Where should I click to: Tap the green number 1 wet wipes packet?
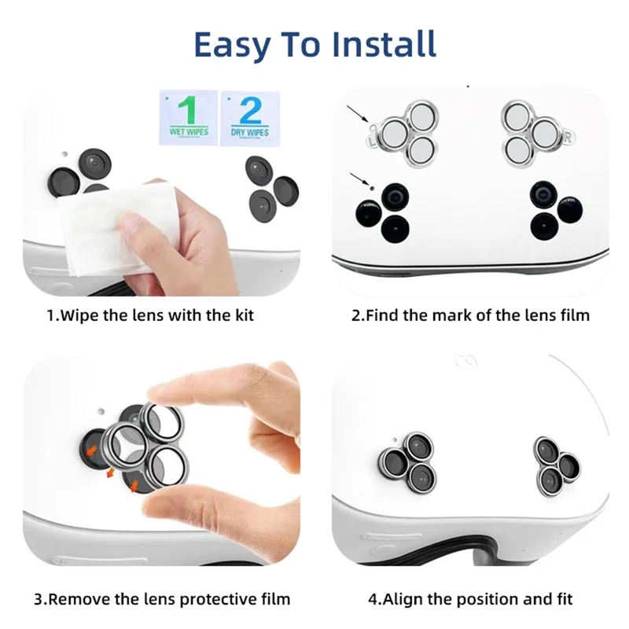click(x=189, y=116)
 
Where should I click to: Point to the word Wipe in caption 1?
click(x=81, y=316)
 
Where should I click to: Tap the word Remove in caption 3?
click(x=81, y=599)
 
